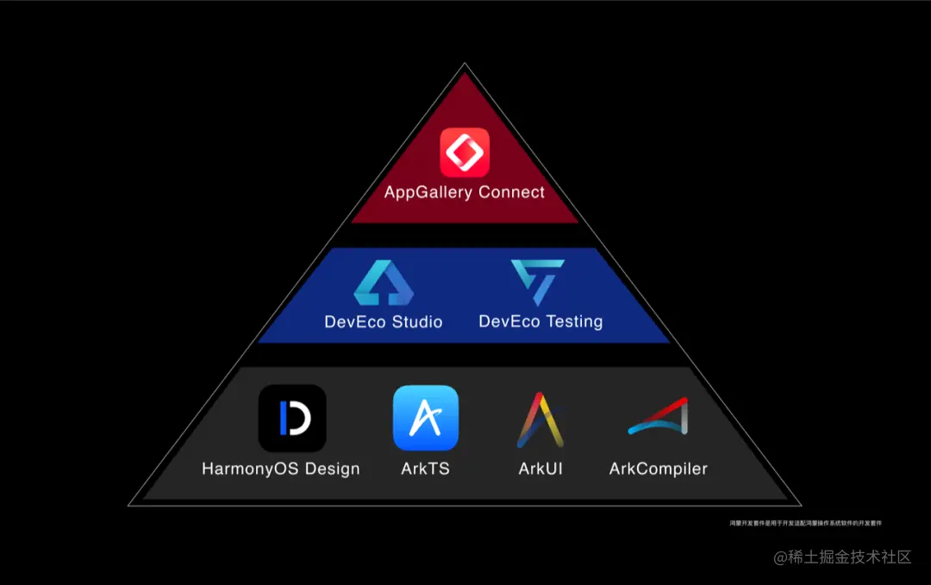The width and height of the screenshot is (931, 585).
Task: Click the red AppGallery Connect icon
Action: click(465, 152)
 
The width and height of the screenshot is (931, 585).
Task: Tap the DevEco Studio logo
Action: click(384, 283)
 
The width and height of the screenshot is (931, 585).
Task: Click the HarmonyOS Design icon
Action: click(292, 419)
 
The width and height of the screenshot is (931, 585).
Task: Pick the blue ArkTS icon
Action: click(426, 418)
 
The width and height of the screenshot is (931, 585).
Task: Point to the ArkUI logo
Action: click(540, 420)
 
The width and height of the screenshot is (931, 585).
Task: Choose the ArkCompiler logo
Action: click(658, 418)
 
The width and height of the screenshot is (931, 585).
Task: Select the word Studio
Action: click(417, 322)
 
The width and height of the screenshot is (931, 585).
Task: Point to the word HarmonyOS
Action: click(251, 470)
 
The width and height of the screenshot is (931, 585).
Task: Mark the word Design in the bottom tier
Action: click(333, 470)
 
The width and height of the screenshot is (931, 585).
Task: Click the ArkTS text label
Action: click(426, 470)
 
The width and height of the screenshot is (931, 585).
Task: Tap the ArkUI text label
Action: click(540, 470)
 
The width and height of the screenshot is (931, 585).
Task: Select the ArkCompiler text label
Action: click(659, 470)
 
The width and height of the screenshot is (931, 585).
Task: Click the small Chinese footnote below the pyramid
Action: click(805, 523)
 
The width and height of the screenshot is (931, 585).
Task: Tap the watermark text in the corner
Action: click(842, 557)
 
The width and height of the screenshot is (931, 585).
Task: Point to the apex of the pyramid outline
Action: click(465, 65)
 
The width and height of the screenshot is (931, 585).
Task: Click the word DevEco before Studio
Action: click(355, 322)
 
